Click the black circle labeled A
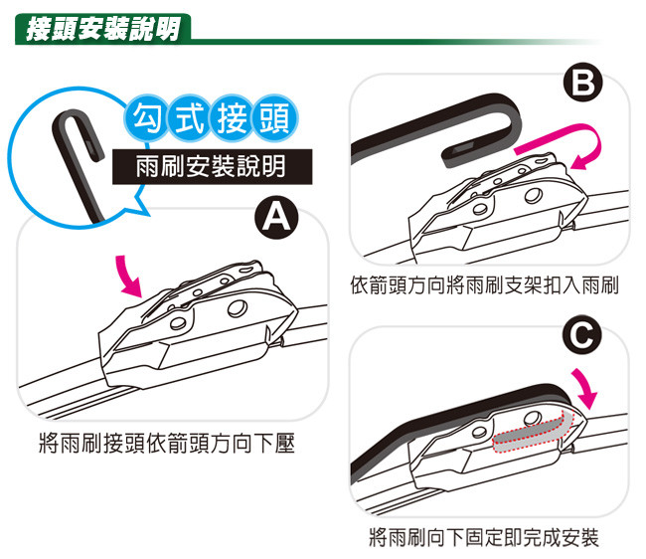click(276, 217)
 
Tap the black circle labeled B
click(582, 84)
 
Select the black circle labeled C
click(581, 335)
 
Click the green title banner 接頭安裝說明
click(103, 29)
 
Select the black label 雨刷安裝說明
click(212, 166)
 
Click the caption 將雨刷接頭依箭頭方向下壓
click(167, 444)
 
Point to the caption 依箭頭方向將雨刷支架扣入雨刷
click(485, 285)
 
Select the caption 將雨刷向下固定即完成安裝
click(484, 537)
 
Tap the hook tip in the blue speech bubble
click(97, 153)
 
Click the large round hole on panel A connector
click(238, 308)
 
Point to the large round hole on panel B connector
click(534, 195)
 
